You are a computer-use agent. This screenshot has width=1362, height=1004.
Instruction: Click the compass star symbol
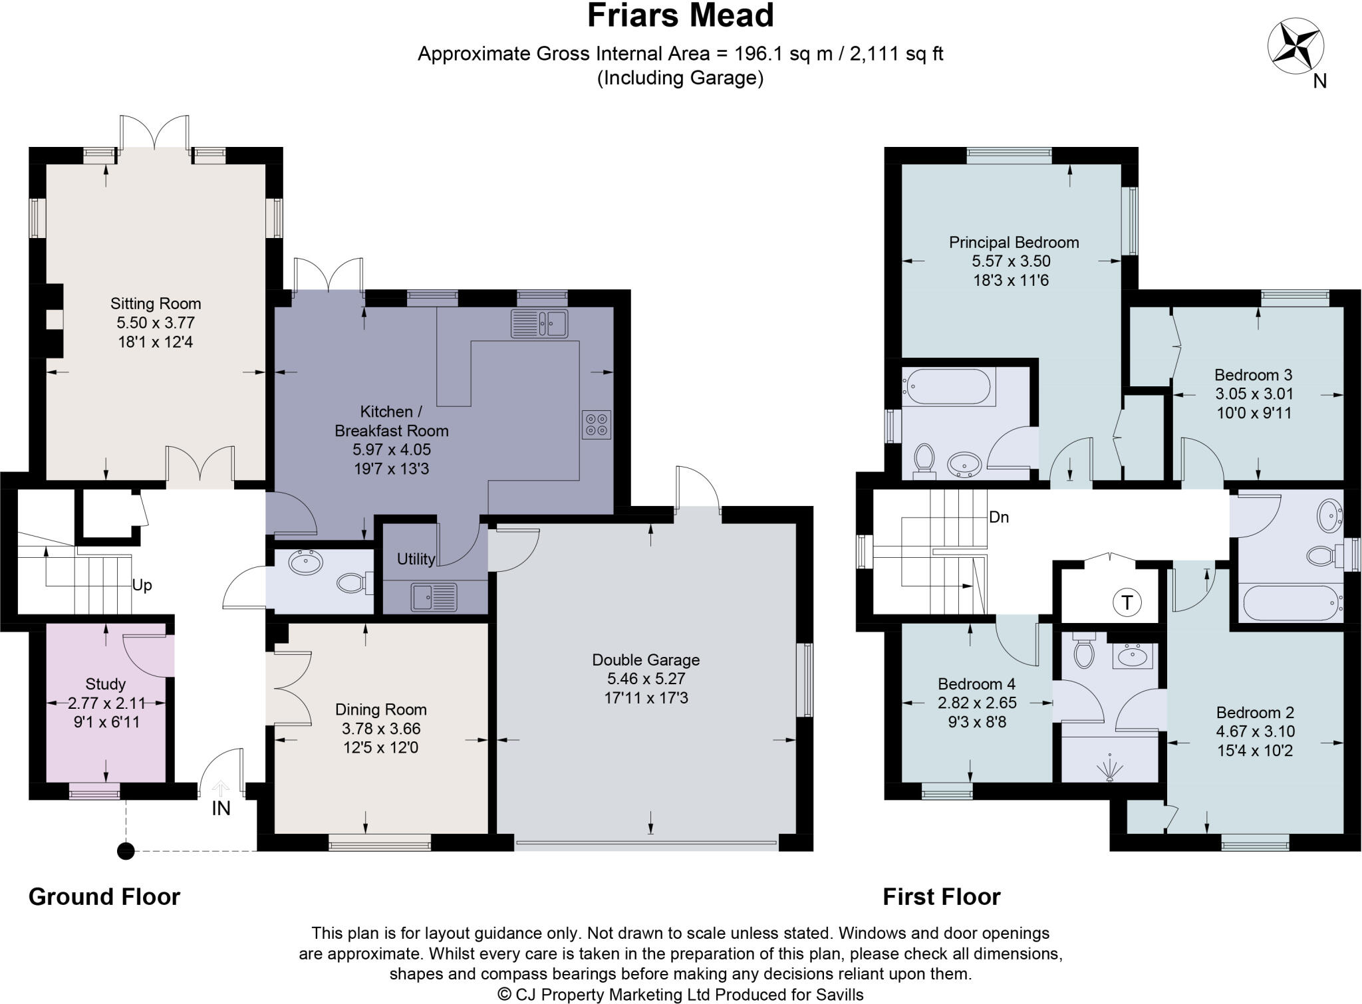[1295, 47]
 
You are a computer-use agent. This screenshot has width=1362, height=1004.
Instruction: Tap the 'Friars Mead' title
[680, 16]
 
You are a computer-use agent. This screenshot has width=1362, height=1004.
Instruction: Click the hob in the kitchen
[597, 425]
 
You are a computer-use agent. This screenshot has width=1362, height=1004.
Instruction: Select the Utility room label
[416, 559]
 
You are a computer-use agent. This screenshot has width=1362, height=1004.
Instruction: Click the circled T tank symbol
[1127, 602]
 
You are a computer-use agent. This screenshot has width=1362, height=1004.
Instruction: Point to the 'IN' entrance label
[221, 809]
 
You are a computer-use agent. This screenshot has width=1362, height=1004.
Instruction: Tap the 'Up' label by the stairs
[142, 585]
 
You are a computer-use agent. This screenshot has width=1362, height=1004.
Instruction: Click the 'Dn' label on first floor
[999, 517]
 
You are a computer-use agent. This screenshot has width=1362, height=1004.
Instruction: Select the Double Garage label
[646, 660]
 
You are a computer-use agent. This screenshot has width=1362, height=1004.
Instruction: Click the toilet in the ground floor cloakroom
[352, 583]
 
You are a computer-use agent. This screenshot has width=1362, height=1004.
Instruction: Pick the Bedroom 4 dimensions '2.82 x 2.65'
[976, 703]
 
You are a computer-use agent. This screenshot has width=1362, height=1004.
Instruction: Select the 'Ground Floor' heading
[104, 897]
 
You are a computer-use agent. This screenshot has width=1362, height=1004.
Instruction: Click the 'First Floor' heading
[941, 897]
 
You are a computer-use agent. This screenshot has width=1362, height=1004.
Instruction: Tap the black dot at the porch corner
[126, 851]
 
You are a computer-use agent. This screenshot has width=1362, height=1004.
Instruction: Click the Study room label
[106, 684]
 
